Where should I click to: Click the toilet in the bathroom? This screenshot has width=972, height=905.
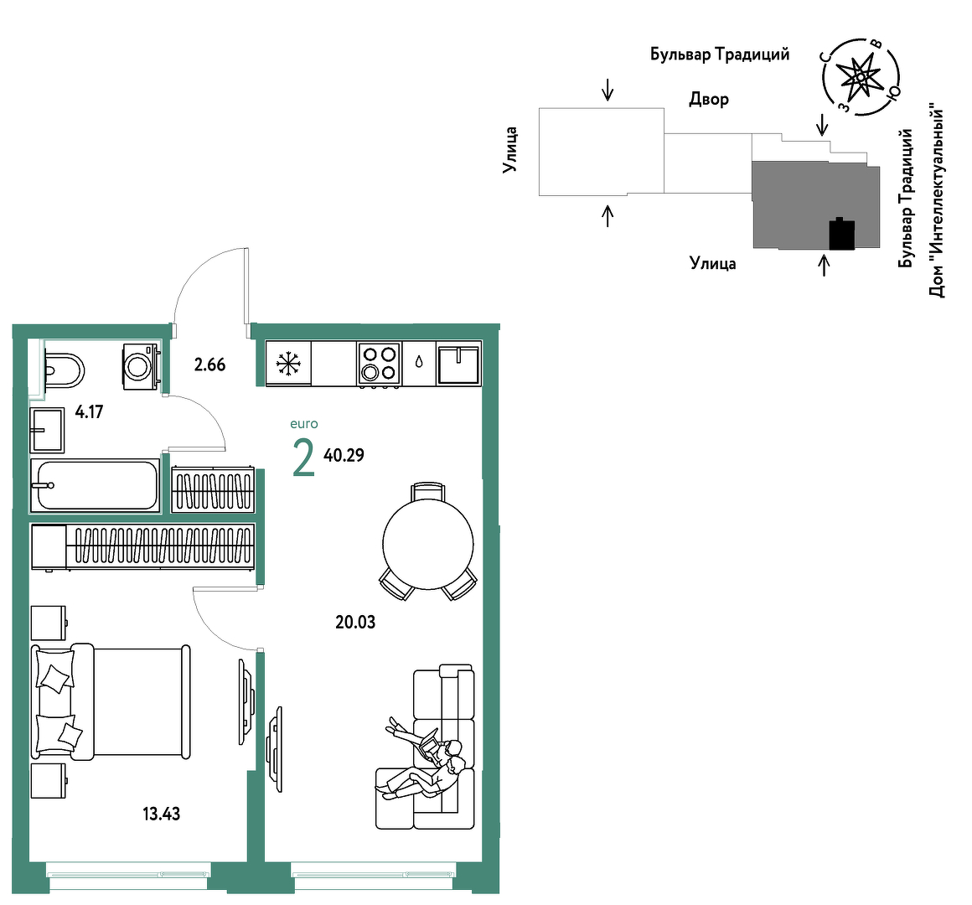(x=64, y=370)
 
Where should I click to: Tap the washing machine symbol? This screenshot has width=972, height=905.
(x=142, y=366)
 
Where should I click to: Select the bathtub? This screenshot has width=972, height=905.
(x=96, y=485)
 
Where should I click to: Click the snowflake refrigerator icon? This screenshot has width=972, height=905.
(x=288, y=363)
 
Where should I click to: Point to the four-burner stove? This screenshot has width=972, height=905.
(x=379, y=364)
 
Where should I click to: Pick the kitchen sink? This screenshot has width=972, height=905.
(x=458, y=364)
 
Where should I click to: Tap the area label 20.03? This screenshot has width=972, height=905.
(x=355, y=622)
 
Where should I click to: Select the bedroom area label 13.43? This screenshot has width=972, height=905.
(x=161, y=814)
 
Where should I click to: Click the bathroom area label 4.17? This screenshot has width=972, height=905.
(x=90, y=411)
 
